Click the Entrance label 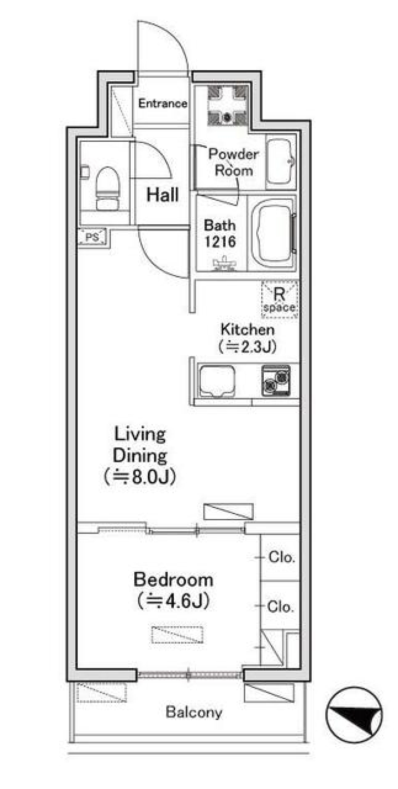coord(163,103)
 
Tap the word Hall coord(163,194)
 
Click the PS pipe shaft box coord(92,237)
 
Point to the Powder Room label coord(233,162)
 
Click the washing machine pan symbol coord(227,105)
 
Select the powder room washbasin coord(280,161)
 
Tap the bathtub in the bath coord(272,233)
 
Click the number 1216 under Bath coord(220,241)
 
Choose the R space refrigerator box coord(280,299)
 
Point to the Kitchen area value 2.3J coord(248,346)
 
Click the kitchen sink coord(217,381)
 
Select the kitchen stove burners coord(276,381)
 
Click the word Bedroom coord(173,580)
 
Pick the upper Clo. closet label coord(282,557)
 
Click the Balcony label coord(194,712)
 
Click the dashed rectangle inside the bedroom coord(177,635)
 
